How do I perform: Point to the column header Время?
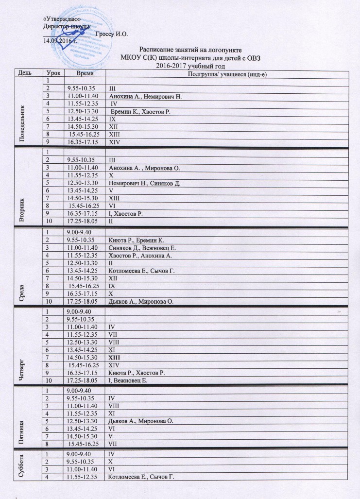coord(86,73)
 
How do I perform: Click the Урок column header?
coord(51,73)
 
